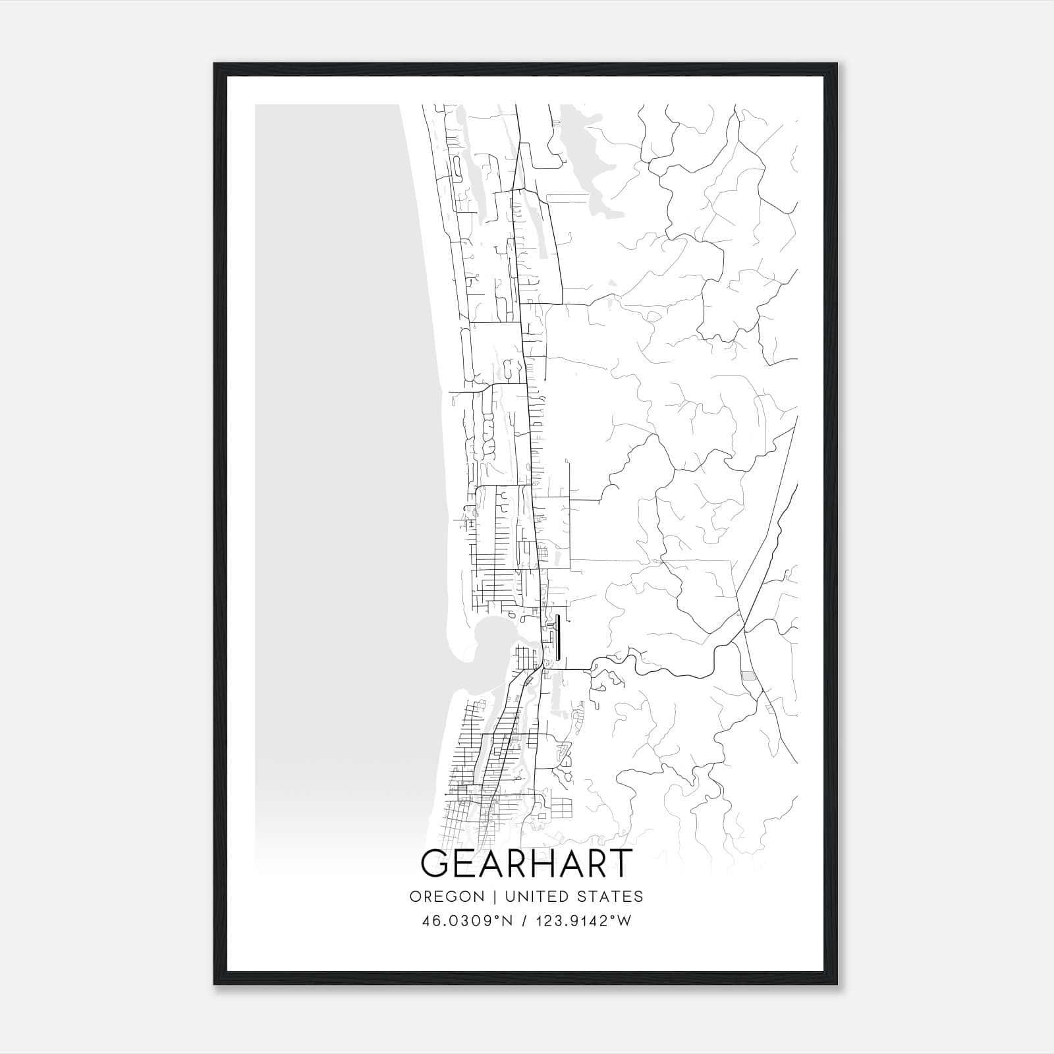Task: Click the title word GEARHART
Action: (526, 863)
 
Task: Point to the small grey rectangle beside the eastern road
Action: (748, 676)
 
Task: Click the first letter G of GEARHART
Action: (435, 863)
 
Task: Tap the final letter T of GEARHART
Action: (621, 863)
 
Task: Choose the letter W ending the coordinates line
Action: (625, 921)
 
